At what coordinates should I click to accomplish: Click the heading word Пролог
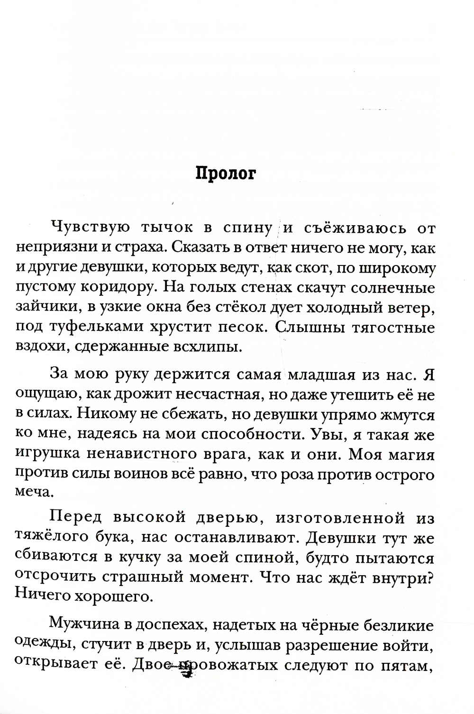pyautogui.click(x=226, y=174)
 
